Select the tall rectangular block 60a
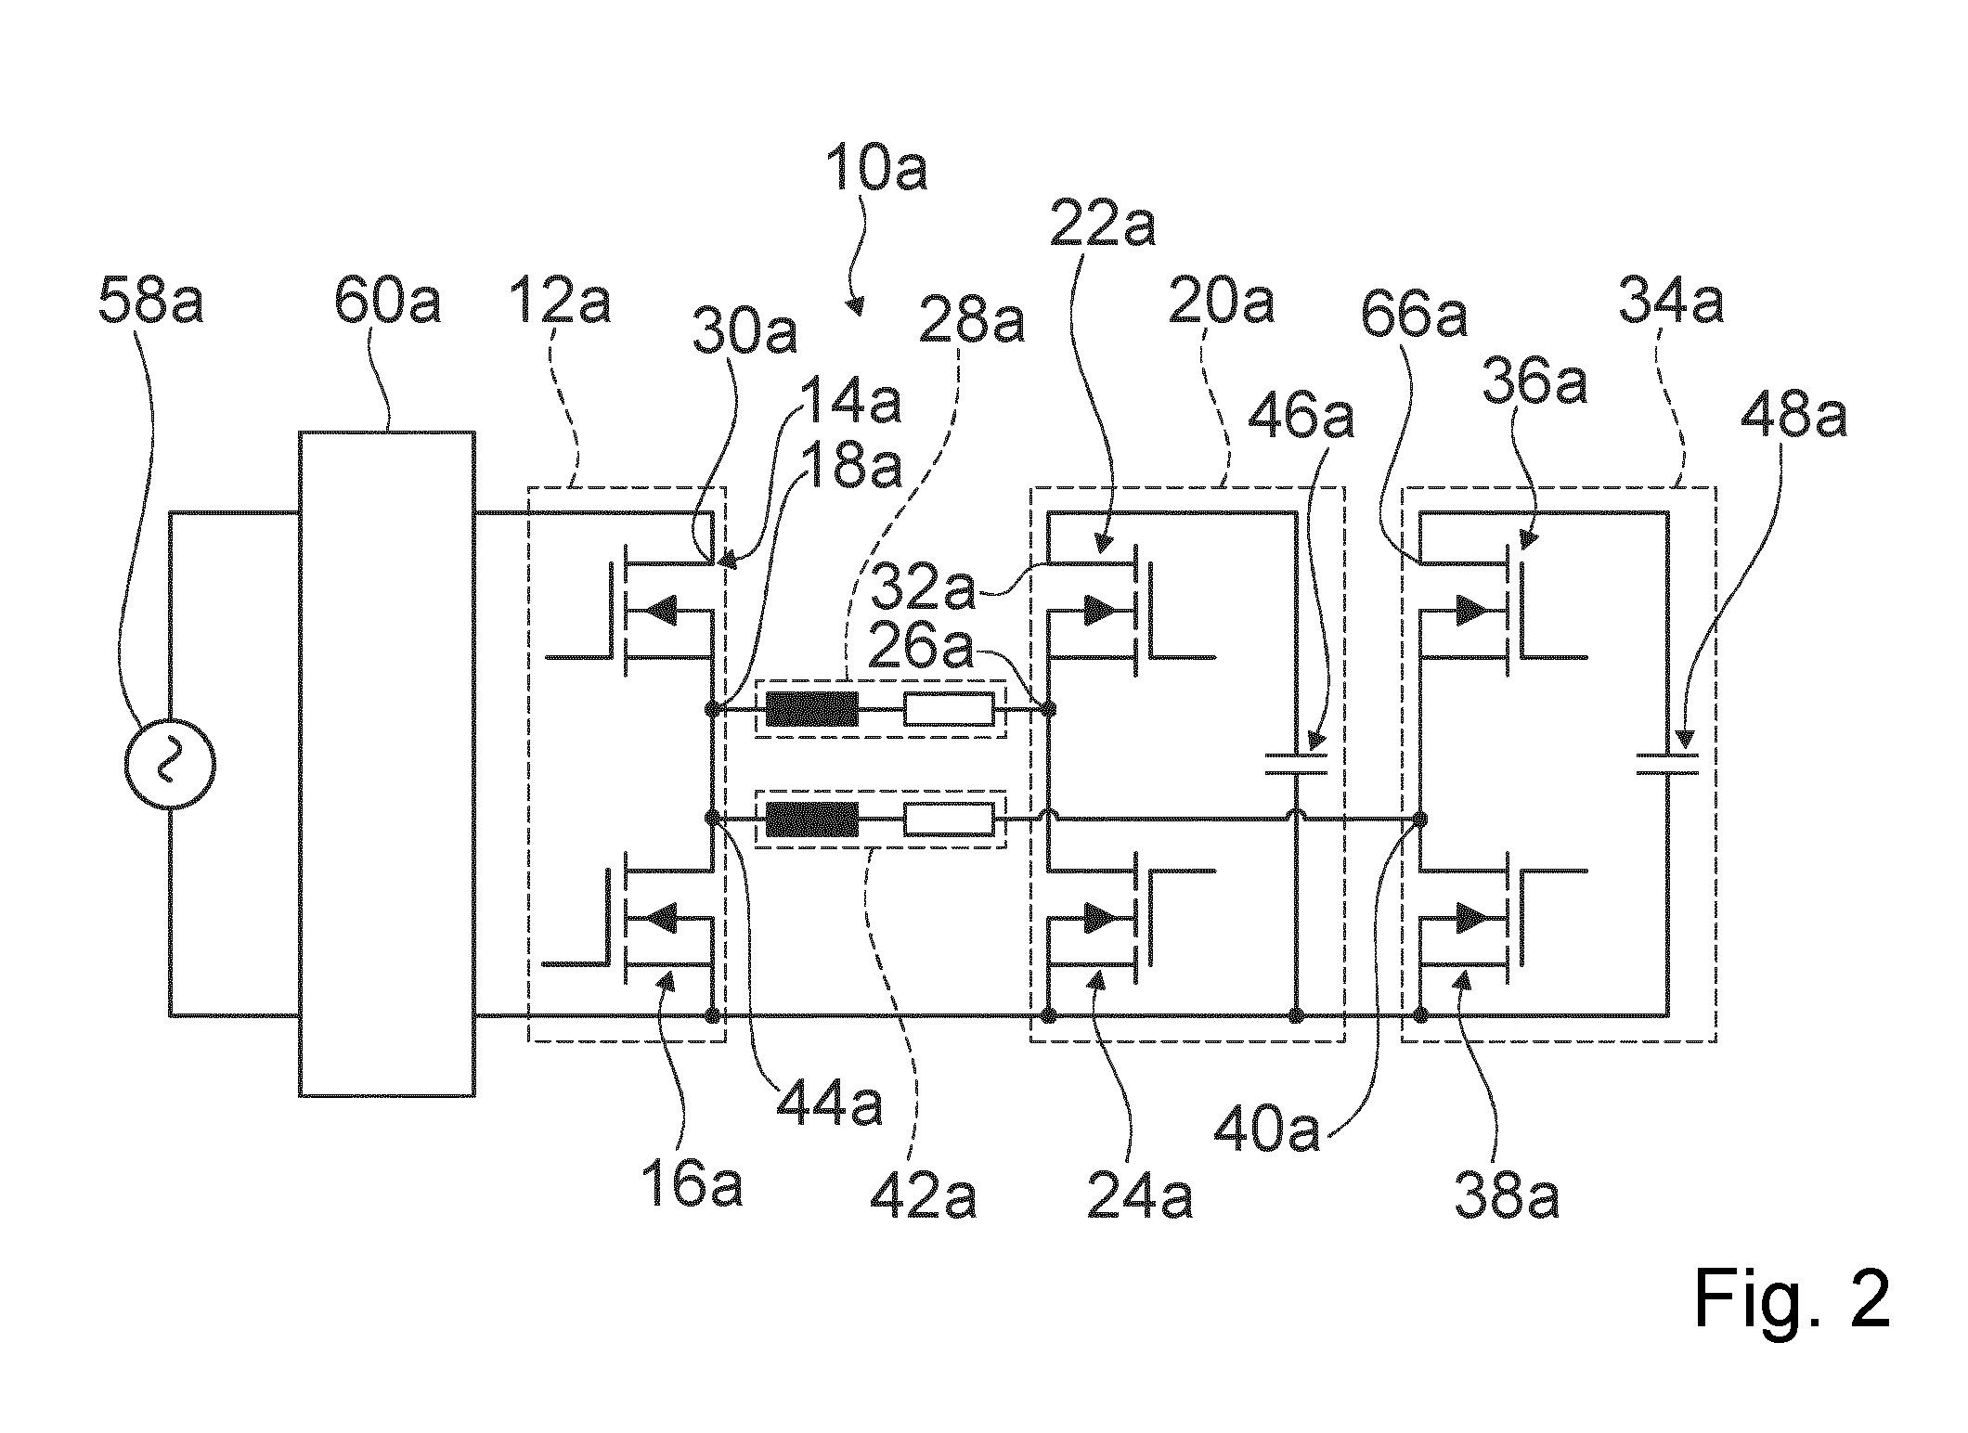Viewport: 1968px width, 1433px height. click(387, 764)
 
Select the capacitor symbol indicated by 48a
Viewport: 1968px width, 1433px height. click(1667, 764)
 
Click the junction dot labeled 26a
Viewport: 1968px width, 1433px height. click(1049, 710)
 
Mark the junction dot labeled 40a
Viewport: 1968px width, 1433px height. click(1418, 820)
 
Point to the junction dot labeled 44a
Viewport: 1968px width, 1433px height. click(712, 820)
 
